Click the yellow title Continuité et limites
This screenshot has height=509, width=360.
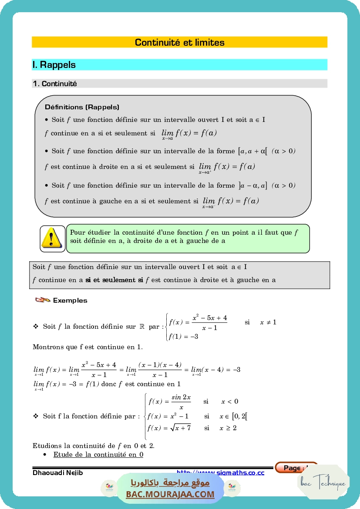point(179,42)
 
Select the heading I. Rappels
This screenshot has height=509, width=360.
point(54,65)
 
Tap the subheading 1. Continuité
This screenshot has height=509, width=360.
point(55,84)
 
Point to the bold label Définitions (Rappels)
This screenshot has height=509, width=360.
point(82,107)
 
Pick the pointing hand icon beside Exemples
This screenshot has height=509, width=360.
point(42,300)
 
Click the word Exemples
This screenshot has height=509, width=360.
point(70,300)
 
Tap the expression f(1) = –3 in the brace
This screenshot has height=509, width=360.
point(184,336)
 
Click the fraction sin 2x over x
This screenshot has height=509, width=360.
point(181,402)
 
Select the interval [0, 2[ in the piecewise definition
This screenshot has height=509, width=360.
point(240,416)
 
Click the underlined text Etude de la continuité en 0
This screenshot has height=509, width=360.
point(98,455)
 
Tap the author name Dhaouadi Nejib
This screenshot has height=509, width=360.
point(58,473)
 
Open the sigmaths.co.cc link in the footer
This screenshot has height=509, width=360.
point(220,472)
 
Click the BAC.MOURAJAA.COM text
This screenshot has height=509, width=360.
point(170,494)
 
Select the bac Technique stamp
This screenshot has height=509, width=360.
point(323,482)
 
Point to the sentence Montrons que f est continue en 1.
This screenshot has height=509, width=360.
point(87,347)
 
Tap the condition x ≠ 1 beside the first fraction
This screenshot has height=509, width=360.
point(268,322)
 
